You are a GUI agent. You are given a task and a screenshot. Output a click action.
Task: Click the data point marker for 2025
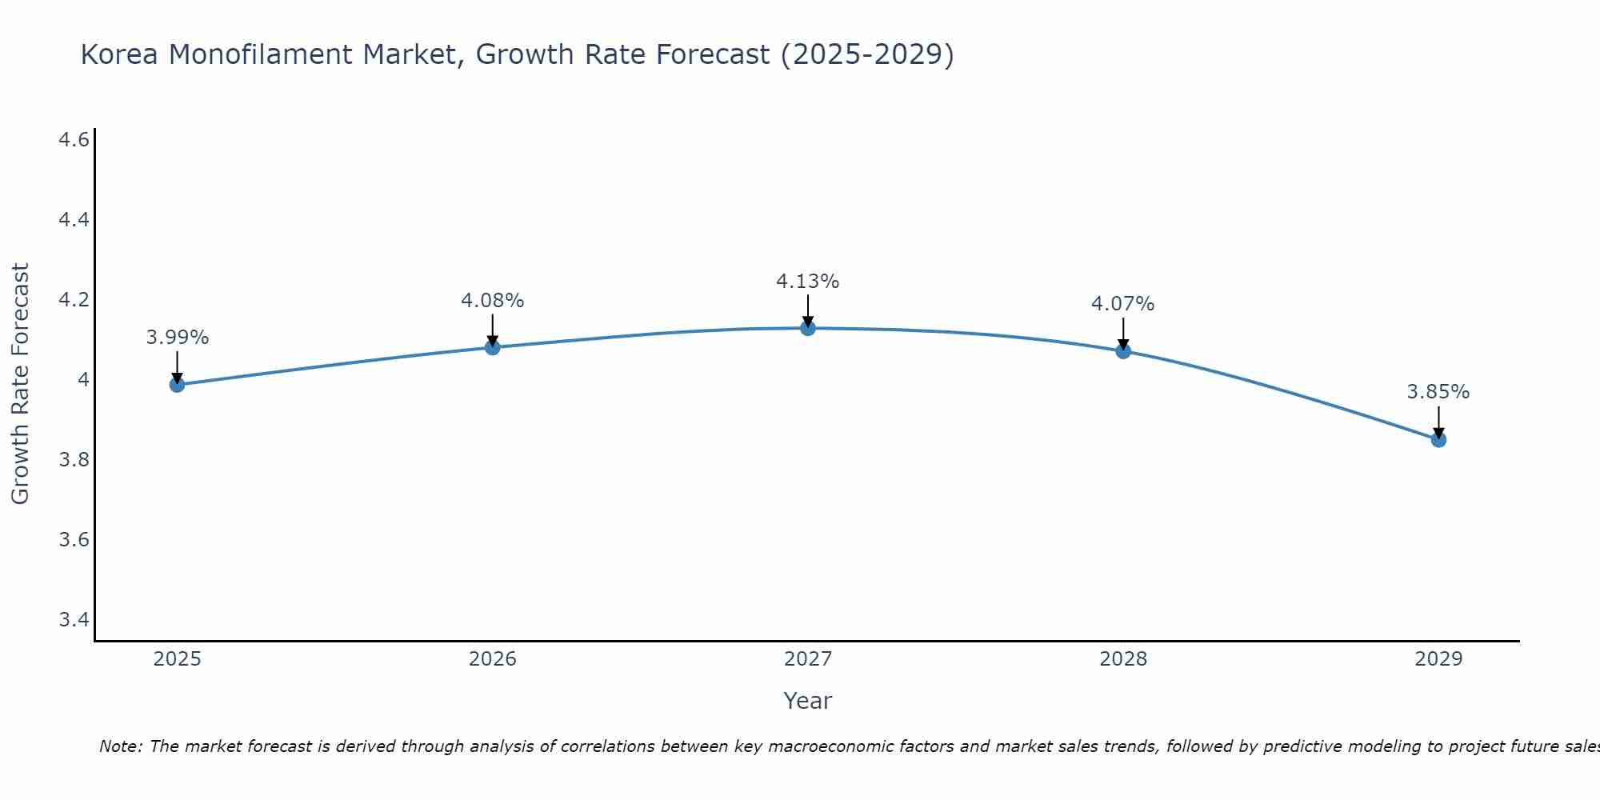click(x=177, y=385)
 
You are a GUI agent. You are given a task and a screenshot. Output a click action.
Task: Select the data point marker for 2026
click(x=493, y=347)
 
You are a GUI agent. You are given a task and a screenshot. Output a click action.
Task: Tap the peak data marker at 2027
click(x=808, y=328)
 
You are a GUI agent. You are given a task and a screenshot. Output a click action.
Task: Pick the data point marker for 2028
click(x=1123, y=351)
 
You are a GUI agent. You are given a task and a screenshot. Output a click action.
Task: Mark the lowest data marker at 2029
click(x=1438, y=439)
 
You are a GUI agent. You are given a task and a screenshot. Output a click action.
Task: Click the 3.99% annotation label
click(x=177, y=338)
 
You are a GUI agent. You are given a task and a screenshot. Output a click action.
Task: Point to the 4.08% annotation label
click(x=493, y=301)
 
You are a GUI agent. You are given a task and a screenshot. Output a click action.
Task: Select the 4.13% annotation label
click(x=808, y=282)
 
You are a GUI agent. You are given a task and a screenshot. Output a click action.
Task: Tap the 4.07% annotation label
click(x=1123, y=304)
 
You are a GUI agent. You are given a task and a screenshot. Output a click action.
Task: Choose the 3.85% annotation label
click(x=1438, y=392)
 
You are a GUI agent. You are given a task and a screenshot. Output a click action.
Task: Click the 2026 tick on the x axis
click(x=493, y=659)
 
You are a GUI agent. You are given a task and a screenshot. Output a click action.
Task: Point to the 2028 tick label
click(x=1123, y=659)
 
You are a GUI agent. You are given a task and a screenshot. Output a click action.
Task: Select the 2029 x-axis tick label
click(x=1438, y=659)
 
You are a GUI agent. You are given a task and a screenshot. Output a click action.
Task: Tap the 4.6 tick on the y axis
click(x=74, y=140)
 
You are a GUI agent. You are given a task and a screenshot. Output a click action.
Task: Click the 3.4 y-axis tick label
click(x=74, y=620)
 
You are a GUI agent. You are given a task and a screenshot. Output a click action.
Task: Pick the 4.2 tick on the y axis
click(x=74, y=300)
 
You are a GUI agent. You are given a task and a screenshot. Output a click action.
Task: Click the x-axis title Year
click(x=808, y=701)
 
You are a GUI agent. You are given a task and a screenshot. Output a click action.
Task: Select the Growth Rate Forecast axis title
click(x=21, y=384)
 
